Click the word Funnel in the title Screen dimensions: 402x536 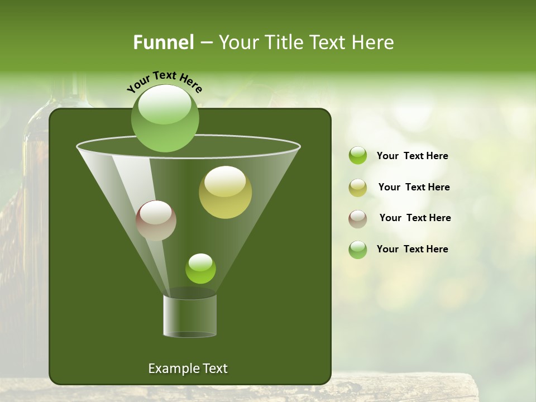tap(164, 42)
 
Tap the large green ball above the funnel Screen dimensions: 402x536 tap(165, 118)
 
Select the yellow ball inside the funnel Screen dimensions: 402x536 tap(225, 193)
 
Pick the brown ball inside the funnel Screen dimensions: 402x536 tap(156, 221)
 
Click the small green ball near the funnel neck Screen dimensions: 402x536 tap(200, 269)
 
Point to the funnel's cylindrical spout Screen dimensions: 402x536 tap(190, 315)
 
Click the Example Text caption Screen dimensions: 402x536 tap(188, 368)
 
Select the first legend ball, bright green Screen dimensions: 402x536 tap(358, 156)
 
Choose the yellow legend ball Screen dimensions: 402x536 tap(358, 188)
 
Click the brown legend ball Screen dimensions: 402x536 tap(358, 218)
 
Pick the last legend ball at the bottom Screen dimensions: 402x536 tap(358, 250)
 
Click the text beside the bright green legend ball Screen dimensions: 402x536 tap(412, 156)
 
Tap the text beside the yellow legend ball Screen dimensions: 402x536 tap(414, 187)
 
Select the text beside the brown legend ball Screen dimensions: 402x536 tap(415, 218)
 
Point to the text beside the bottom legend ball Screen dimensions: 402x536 tap(412, 249)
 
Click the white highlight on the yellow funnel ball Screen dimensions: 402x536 tap(225, 182)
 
